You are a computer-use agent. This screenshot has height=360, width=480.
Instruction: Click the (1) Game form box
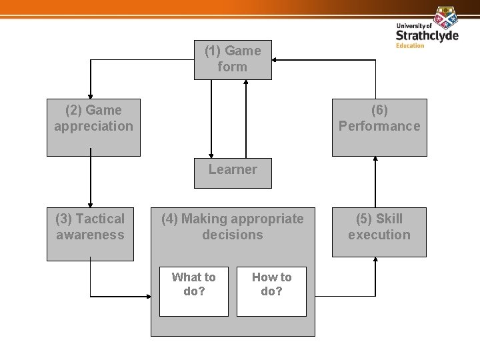click(233, 59)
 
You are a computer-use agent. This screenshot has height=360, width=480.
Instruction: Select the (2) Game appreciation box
click(94, 127)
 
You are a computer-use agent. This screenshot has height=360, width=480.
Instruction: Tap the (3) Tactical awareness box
click(90, 233)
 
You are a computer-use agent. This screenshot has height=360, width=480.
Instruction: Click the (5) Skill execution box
click(379, 233)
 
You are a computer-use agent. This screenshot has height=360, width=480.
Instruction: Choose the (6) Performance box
click(379, 127)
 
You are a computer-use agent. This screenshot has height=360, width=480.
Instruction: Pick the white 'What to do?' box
click(193, 291)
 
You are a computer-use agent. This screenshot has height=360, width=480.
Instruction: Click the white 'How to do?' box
click(271, 291)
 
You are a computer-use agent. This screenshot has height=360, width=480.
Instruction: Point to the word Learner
click(232, 169)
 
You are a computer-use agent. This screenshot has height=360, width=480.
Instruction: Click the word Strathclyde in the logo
click(427, 35)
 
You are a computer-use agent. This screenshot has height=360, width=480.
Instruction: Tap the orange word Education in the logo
click(409, 45)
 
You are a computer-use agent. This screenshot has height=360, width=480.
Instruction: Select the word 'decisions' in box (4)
click(233, 235)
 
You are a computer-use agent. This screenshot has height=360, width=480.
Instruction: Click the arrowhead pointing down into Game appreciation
click(91, 95)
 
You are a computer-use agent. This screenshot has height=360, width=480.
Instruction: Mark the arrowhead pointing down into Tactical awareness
click(91, 203)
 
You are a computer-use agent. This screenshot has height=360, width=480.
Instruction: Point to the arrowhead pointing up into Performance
click(375, 160)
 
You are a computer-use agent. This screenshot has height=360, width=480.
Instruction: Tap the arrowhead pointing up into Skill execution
click(375, 261)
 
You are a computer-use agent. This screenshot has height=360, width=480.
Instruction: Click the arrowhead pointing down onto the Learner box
click(211, 155)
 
